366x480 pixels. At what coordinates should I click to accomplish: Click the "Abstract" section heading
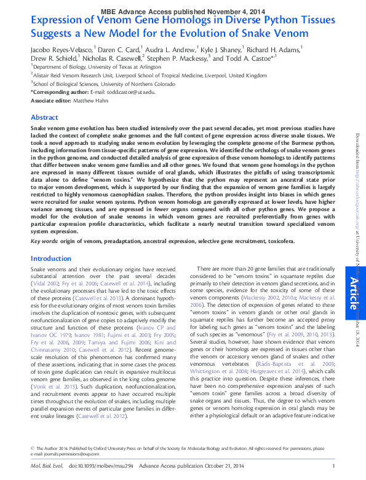tap(44, 117)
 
